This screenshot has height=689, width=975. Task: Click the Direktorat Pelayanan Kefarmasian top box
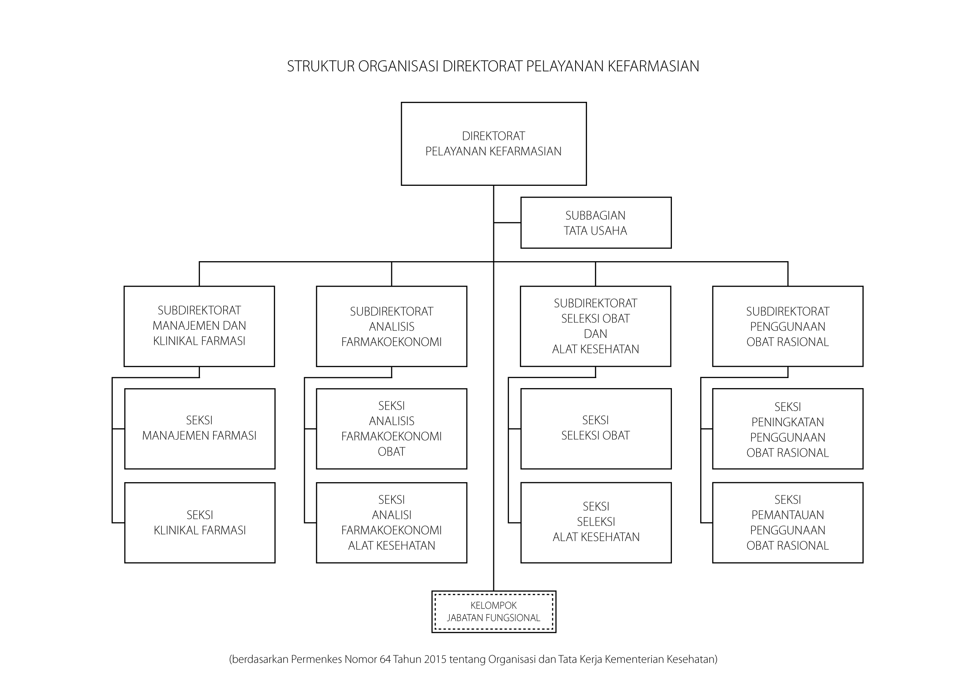tap(493, 144)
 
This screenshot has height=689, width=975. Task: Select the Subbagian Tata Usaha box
tap(596, 223)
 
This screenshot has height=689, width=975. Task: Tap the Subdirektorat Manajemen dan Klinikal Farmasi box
tap(199, 326)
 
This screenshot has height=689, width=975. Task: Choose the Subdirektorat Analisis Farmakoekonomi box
tap(391, 326)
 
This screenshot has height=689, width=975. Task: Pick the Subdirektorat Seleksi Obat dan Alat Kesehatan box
tap(595, 326)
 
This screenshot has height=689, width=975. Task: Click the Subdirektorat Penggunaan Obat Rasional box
tap(787, 326)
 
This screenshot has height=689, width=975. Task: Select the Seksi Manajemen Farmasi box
tap(199, 429)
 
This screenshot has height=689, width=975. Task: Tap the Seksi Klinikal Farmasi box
tap(199, 523)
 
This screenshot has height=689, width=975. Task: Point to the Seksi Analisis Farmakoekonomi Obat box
tap(391, 429)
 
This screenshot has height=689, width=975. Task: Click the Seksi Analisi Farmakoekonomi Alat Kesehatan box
tap(391, 523)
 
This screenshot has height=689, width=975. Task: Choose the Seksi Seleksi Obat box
tap(596, 429)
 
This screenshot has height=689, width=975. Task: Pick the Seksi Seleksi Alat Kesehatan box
tap(596, 523)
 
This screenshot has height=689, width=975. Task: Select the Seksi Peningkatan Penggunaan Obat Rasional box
tap(787, 429)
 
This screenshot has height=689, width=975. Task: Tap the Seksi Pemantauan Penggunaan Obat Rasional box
tap(787, 523)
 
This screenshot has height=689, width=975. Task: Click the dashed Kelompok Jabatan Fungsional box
tap(493, 612)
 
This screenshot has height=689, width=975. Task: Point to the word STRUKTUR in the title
tap(321, 67)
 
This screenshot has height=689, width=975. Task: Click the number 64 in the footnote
tap(385, 659)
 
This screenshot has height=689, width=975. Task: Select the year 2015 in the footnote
tap(435, 659)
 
